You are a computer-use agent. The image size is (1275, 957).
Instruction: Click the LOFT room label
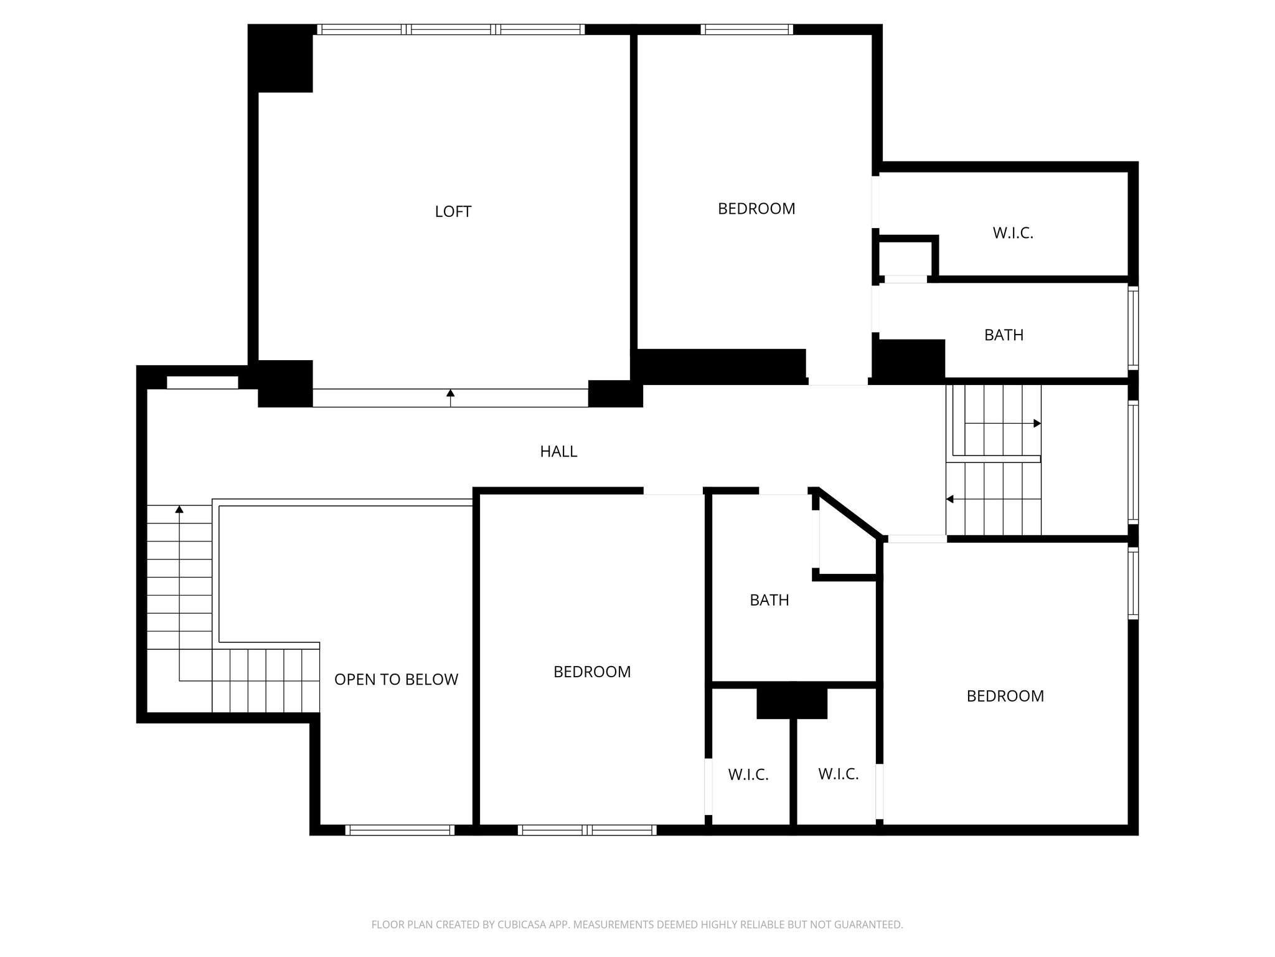coord(453,212)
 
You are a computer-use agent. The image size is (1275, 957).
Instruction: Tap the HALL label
coord(558,452)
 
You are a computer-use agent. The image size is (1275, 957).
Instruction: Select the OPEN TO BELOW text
coord(396,680)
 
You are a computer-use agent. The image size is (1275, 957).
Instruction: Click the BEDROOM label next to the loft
coord(756,209)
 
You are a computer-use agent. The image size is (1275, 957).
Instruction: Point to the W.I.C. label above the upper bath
coord(1013,233)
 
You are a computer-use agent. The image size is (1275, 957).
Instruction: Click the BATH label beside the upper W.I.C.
coord(1004,335)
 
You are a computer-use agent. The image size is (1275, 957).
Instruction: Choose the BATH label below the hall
coord(769,600)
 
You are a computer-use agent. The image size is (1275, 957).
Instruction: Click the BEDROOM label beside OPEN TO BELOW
coord(592,672)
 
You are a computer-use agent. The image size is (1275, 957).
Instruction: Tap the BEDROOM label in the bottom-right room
coord(1005,696)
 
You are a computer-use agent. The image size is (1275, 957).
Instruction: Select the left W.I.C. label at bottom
coord(748,775)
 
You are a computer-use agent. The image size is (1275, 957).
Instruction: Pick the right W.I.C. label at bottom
coord(838,774)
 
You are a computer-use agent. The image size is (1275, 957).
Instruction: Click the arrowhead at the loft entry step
coord(450,393)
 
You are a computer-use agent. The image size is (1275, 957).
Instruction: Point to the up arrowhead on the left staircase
coord(179,509)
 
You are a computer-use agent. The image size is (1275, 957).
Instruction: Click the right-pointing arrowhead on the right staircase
coord(1037,424)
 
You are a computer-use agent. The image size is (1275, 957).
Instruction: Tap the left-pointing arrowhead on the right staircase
coord(950,499)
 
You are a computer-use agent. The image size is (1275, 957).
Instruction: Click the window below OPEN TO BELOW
coord(400,830)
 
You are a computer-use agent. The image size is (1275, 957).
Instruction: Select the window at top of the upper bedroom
coord(746,29)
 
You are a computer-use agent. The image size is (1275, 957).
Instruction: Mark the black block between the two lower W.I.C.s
coord(792,703)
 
